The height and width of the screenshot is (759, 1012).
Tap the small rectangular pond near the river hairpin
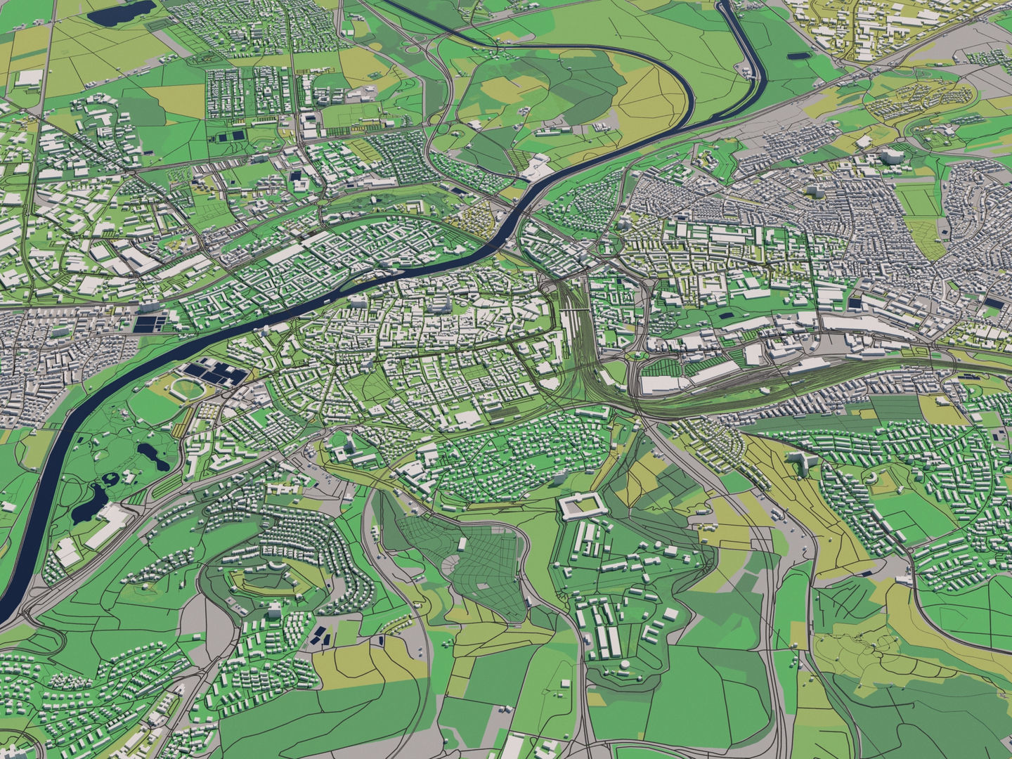pos(797,54)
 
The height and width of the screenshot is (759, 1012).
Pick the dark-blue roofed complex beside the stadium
pos(219,372)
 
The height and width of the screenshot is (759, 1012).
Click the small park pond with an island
pos(111,480)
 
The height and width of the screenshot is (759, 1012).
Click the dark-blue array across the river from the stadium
pos(151,323)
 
